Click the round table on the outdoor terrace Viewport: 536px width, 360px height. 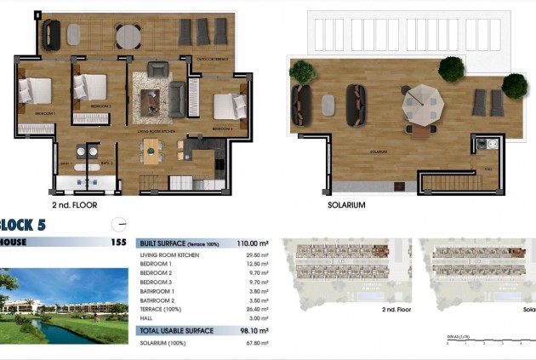pos(128,36)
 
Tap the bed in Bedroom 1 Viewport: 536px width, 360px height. pos(35,91)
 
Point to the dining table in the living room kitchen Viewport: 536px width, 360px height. pos(151,151)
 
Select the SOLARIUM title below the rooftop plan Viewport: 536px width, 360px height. pos(346,205)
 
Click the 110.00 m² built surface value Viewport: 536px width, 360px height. pos(252,243)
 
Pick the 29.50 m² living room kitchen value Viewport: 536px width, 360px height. pos(256,254)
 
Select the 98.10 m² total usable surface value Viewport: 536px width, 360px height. pos(253,330)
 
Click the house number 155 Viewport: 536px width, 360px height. pos(118,243)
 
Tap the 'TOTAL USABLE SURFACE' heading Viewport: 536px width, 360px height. pos(175,330)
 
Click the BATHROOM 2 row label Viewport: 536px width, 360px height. pos(157,300)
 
